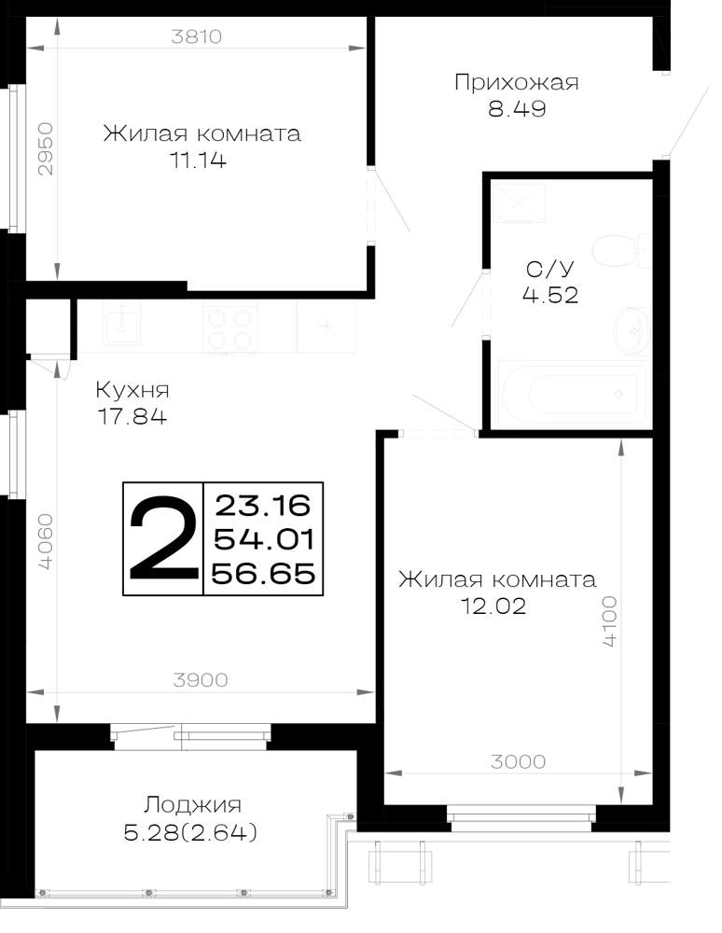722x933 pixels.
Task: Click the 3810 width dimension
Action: (196, 37)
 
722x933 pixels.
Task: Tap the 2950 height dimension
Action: (46, 148)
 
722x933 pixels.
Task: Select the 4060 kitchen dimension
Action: (46, 542)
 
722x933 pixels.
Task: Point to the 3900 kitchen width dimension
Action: (201, 679)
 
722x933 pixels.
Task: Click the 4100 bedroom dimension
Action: (610, 621)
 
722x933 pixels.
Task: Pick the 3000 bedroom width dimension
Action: (518, 761)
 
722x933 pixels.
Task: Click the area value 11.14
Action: (199, 160)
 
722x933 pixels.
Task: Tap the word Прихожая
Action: (516, 82)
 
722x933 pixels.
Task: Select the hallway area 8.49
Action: (517, 109)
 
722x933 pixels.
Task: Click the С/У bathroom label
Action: (550, 269)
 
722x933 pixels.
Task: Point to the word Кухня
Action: (132, 390)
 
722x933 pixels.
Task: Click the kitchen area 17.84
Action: (132, 417)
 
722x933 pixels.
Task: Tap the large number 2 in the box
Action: (163, 539)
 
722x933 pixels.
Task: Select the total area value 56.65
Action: (263, 574)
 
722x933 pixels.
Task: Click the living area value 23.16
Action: (263, 506)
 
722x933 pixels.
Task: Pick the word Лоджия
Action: (192, 806)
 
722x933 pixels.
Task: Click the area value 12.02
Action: (493, 606)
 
